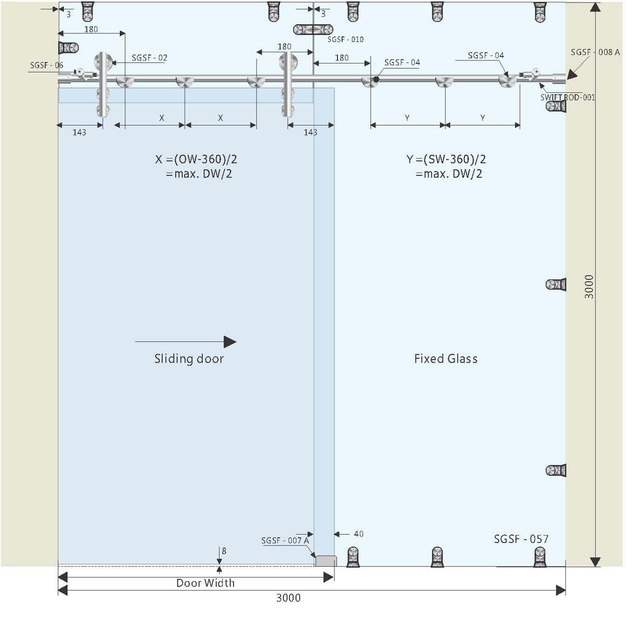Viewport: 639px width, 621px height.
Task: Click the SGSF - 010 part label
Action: pos(345,39)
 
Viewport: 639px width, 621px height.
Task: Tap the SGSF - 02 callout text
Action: pos(149,58)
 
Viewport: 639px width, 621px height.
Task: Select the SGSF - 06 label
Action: pos(46,65)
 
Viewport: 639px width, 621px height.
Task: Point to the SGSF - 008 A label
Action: pos(595,52)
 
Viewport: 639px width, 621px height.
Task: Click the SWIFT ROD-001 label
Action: pos(568,97)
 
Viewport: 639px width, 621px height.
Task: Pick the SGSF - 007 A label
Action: pos(285,541)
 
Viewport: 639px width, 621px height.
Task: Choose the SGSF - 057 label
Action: pos(521,539)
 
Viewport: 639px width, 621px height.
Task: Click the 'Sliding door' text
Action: pos(189,359)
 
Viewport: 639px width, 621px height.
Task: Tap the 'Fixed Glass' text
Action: pos(446,359)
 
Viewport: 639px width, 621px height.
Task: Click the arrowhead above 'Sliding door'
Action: pos(230,342)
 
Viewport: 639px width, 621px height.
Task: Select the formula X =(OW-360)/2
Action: pos(196,159)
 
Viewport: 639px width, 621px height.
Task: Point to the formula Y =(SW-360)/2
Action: pos(446,159)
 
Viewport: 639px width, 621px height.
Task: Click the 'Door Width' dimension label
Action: pos(205,583)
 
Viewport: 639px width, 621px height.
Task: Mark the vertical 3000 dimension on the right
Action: pos(590,286)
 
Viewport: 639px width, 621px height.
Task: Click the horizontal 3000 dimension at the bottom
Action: pos(289,598)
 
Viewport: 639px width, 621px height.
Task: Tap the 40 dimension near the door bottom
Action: pos(358,534)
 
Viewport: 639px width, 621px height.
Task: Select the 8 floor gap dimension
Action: pos(224,551)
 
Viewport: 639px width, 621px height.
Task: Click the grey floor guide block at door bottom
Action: pos(326,561)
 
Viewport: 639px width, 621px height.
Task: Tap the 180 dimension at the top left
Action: pos(91,29)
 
